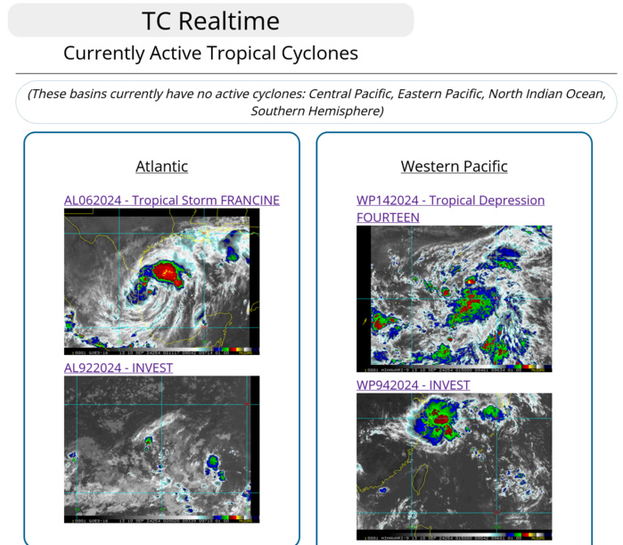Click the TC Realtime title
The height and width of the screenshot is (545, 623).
coord(210,21)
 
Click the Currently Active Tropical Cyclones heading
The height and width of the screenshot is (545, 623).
coord(210,54)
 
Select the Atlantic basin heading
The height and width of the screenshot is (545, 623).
coord(161,167)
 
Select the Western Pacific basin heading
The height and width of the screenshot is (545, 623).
coord(454,167)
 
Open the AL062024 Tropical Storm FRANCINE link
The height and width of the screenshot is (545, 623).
coord(171,201)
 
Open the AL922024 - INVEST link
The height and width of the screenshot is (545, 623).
coord(119,367)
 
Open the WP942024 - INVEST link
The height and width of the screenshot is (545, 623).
coord(413,385)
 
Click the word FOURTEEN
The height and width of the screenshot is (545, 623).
coord(388,218)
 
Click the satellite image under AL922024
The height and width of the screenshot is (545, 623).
coord(161,449)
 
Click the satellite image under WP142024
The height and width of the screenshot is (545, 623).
coord(454,298)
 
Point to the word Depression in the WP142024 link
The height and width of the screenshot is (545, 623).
coord(510,201)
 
